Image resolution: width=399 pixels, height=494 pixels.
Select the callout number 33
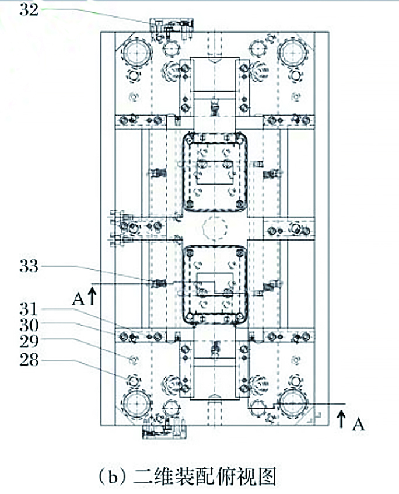pyautogui.click(x=29, y=266)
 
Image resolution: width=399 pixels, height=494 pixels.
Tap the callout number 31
pyautogui.click(x=29, y=307)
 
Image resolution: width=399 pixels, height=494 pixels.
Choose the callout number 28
pyautogui.click(x=29, y=360)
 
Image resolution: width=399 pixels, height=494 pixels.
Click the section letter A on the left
pyautogui.click(x=78, y=300)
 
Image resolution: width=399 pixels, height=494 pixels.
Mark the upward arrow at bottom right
pyautogui.click(x=344, y=417)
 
